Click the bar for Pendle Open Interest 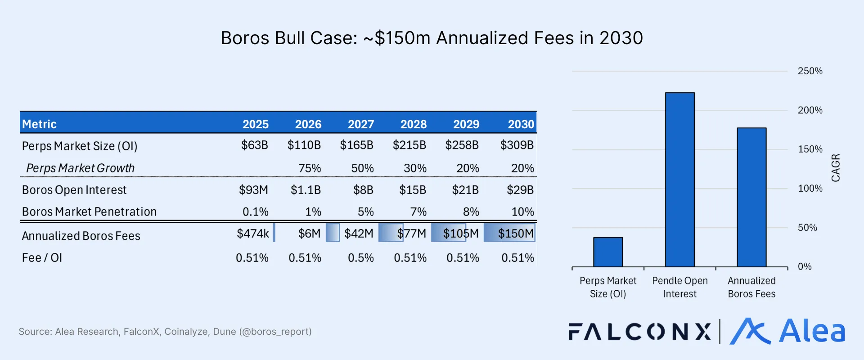coord(679,180)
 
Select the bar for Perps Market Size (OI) coord(607,252)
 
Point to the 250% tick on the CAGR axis coord(810,71)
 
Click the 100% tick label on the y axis coord(810,189)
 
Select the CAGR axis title coord(835,168)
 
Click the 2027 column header coord(360,124)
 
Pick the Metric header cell coord(40,124)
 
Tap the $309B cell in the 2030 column coord(517,145)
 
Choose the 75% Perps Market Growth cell coord(310,168)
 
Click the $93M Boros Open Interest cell coord(253,190)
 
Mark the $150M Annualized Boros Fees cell coord(515,233)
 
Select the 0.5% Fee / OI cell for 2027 coord(360,258)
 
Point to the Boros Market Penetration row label coord(89,211)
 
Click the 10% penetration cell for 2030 coord(522,211)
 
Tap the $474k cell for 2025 coord(253,233)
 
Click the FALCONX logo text coord(639,332)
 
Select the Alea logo coord(787,332)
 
